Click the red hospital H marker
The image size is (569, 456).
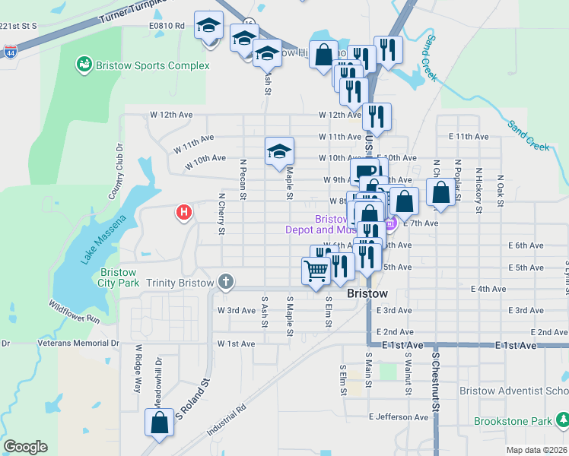[183, 214]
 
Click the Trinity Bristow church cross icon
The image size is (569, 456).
[225, 282]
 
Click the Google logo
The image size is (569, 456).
[25, 447]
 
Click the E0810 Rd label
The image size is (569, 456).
[168, 26]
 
